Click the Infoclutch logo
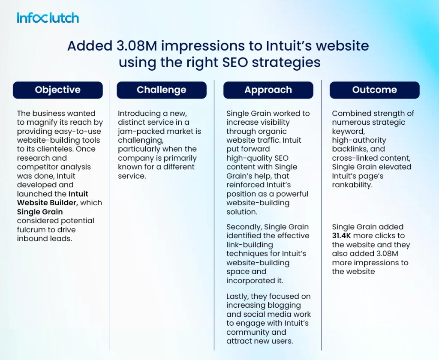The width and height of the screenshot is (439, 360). [x=48, y=18]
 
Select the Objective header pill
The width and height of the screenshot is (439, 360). [x=58, y=90]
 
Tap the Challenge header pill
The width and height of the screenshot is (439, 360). [x=162, y=90]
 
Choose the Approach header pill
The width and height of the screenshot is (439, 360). [x=268, y=90]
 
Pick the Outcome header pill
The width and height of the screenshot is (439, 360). [x=375, y=90]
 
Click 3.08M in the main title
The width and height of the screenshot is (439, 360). [x=137, y=46]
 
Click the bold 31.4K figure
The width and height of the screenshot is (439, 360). [x=341, y=236]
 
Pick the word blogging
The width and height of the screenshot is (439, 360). [x=283, y=306]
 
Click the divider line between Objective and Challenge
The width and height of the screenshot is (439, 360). [x=110, y=215]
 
